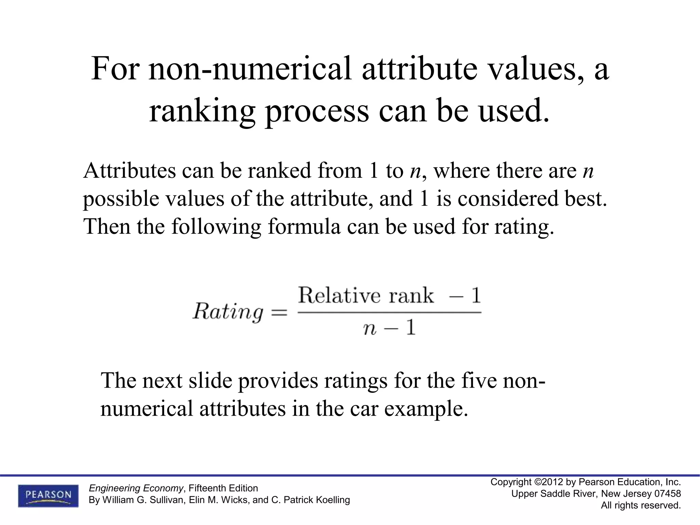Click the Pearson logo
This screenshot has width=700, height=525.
[x=48, y=495]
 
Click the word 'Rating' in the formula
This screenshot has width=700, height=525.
[x=228, y=312]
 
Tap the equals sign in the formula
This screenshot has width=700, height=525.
[x=279, y=312]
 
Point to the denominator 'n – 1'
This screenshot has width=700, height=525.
[x=389, y=328]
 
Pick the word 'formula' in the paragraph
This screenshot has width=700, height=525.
[x=304, y=226]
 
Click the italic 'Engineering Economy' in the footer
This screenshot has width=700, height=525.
[x=136, y=488]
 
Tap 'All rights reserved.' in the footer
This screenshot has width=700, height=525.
[x=641, y=505]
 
